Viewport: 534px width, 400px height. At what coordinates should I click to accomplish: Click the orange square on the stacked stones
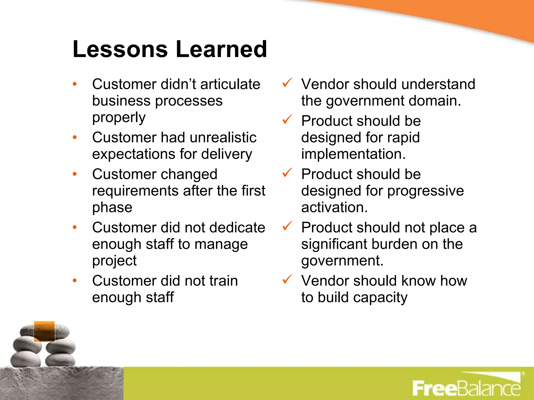(x=44, y=331)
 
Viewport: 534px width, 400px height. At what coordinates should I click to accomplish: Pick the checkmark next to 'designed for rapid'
(x=287, y=120)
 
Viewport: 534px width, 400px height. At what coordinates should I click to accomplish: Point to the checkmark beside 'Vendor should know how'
(x=287, y=279)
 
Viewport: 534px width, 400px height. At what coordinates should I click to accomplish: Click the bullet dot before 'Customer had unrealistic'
(x=75, y=137)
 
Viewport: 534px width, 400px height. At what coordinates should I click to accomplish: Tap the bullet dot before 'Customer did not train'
(x=75, y=280)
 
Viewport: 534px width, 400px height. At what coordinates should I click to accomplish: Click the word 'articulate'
(x=230, y=84)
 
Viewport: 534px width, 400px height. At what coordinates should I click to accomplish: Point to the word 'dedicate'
(x=237, y=228)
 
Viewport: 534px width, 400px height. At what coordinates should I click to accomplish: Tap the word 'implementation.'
(x=353, y=154)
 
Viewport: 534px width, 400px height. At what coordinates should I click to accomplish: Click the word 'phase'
(x=112, y=208)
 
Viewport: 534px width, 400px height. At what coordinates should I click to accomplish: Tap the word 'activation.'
(x=334, y=208)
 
